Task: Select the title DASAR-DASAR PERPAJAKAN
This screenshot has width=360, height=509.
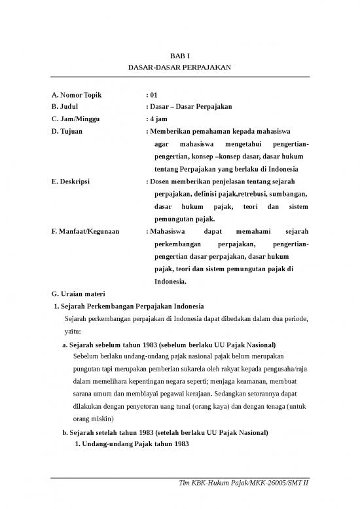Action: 180,68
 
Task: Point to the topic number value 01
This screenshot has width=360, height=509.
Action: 153,94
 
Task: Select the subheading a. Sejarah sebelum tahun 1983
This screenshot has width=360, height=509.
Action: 168,344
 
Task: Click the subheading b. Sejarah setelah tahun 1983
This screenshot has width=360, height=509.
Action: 166,432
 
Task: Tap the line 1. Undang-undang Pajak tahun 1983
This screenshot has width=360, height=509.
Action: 132,444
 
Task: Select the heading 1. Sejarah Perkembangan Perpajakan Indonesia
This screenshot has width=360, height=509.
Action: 130,306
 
